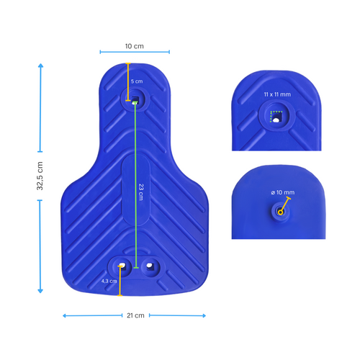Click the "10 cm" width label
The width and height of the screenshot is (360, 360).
pos(135,45)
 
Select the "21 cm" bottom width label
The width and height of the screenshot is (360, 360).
pos(135,315)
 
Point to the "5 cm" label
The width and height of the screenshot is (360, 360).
pos(137,82)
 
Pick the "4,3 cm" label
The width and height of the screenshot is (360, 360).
pos(109,281)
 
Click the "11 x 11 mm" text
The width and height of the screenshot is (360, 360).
pos(276,94)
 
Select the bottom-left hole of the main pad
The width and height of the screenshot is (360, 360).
pos(122,266)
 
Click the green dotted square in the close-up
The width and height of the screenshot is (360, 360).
pos(275,117)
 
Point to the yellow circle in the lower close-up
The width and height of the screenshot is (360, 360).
pos(278,211)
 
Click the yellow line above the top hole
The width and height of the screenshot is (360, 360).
pos(128,81)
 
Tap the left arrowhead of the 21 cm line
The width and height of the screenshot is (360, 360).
pos(65,315)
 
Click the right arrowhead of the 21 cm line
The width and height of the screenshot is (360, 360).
pos(204,315)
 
